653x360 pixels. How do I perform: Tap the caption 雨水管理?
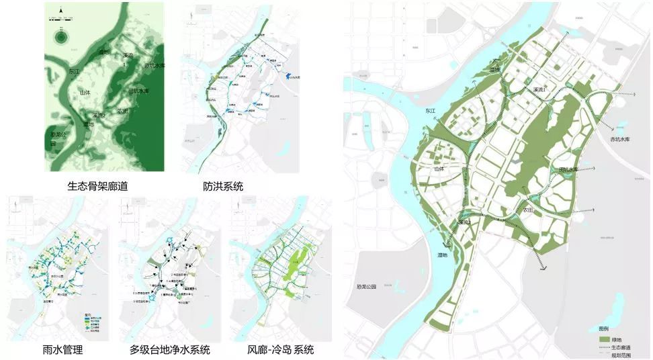[61, 350]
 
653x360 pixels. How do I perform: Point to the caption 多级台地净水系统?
[170, 350]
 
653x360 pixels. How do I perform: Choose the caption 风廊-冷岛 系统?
[280, 350]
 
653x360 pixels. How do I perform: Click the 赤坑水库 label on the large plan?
[622, 139]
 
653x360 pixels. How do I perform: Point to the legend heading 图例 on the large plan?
[603, 329]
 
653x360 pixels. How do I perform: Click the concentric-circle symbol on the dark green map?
[60, 38]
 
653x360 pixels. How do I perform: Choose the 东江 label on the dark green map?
[74, 69]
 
